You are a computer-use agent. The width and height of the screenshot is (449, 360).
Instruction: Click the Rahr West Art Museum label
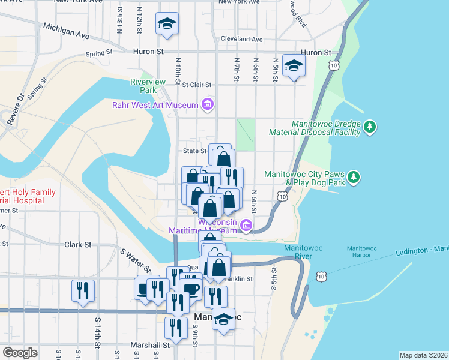(x=155, y=106)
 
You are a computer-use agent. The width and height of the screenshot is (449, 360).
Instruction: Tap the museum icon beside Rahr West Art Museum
(x=208, y=106)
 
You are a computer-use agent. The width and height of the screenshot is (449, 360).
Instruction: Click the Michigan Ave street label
(x=66, y=31)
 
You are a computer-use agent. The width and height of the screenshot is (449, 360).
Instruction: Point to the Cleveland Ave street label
(x=241, y=39)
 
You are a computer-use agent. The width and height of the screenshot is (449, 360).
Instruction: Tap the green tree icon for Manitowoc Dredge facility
(x=371, y=127)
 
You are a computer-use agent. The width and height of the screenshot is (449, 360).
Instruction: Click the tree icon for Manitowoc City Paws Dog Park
(x=355, y=176)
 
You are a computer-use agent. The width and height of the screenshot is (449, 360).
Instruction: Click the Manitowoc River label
(x=306, y=252)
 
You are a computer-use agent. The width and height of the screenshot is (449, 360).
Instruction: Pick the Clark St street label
(x=77, y=245)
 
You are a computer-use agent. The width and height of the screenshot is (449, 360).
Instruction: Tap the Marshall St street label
(x=151, y=345)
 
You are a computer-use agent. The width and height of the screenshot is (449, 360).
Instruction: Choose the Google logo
(x=20, y=353)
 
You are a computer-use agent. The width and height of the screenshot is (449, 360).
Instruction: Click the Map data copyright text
(x=424, y=355)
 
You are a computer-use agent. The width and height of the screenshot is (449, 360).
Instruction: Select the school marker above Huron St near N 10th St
(x=167, y=23)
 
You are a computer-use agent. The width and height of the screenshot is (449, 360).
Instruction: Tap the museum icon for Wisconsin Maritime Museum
(x=245, y=226)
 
